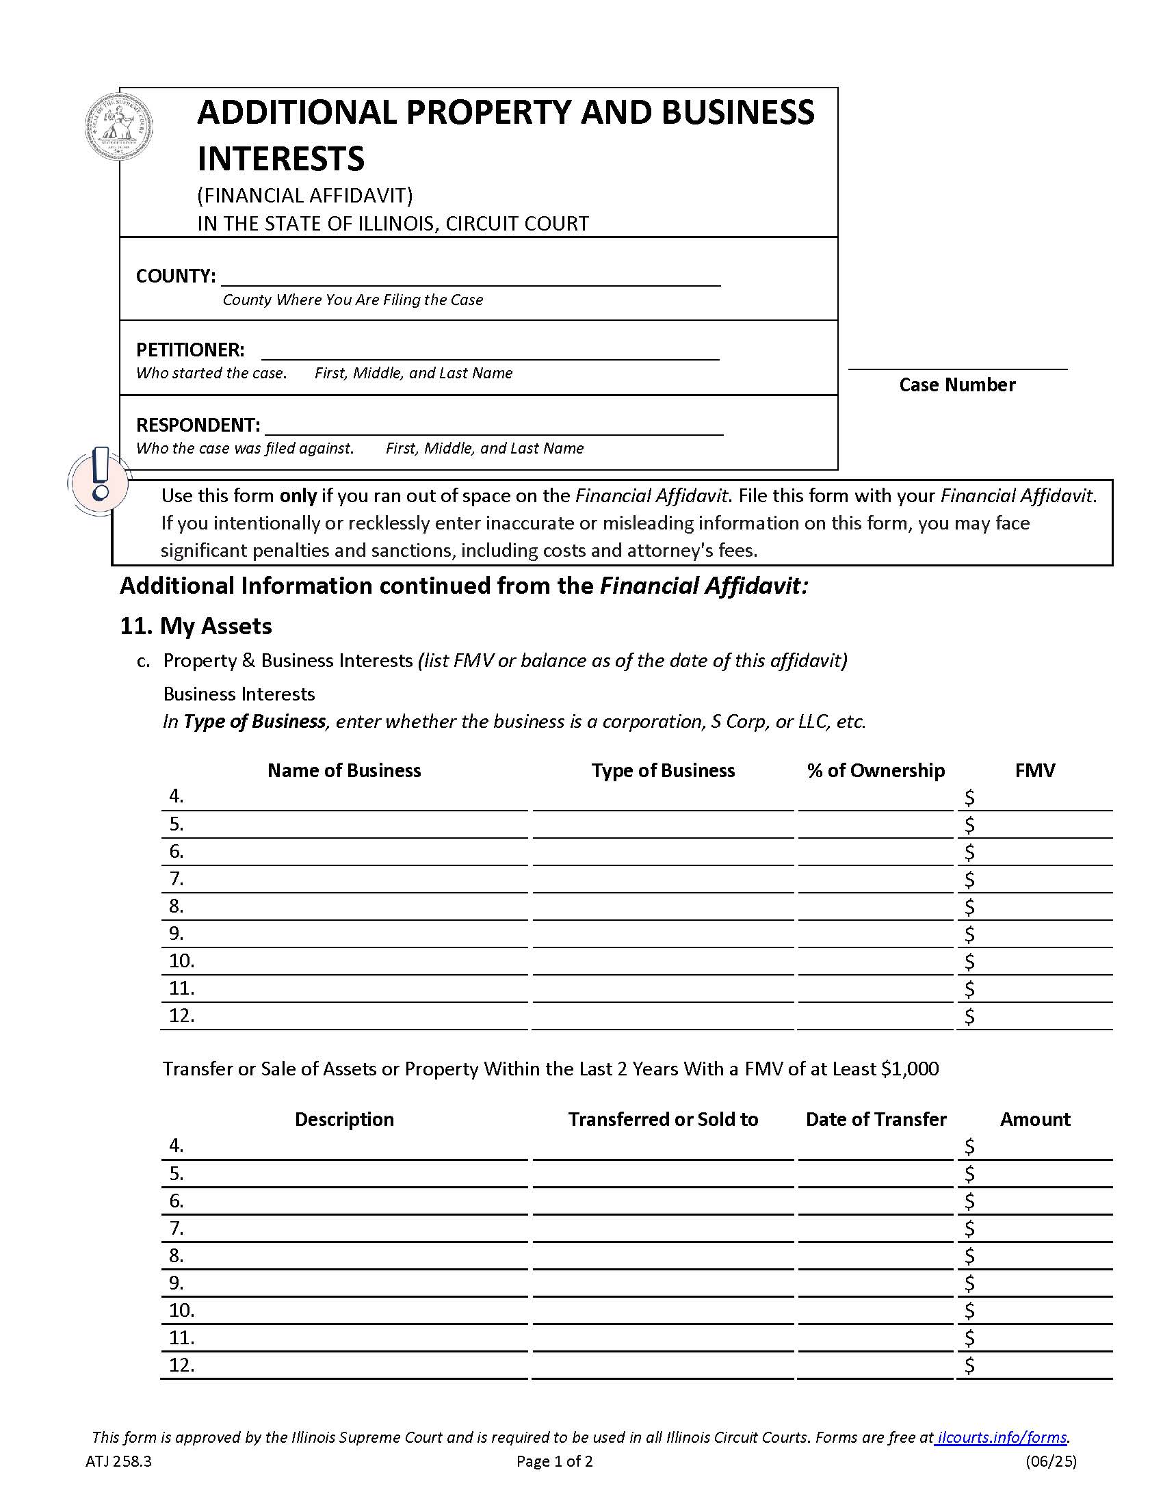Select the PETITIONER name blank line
point(489,352)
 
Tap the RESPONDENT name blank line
point(493,427)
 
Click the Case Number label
point(956,384)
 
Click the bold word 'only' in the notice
point(298,495)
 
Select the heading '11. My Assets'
point(196,626)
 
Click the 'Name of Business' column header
point(344,770)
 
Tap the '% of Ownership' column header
point(875,770)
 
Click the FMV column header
point(1034,770)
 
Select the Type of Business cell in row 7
point(662,880)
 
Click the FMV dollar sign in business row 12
point(969,1017)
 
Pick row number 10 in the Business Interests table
point(182,960)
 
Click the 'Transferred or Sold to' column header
point(662,1119)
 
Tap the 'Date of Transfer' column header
point(875,1119)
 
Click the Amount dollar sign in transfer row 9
point(969,1284)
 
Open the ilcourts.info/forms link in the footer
point(1002,1437)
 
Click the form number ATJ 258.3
point(118,1462)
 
